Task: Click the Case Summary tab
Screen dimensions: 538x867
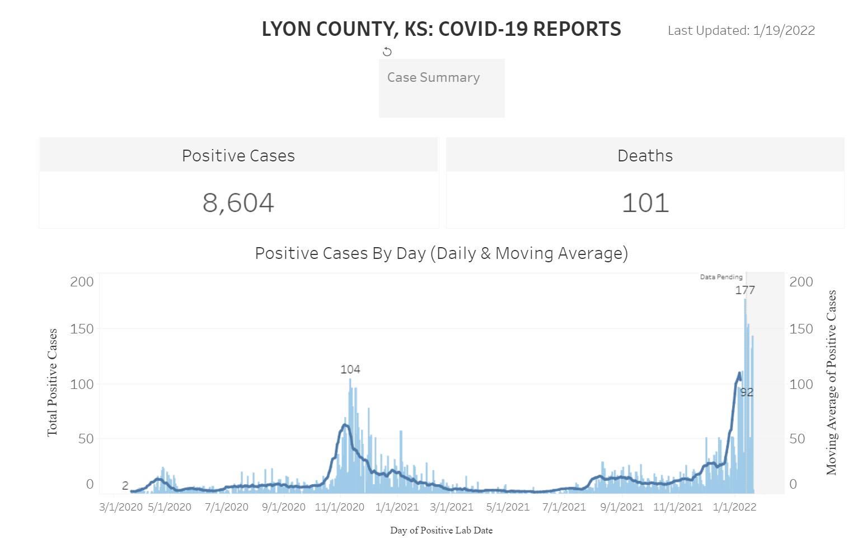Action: coord(434,78)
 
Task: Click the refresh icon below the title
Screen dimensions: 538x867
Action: coord(387,52)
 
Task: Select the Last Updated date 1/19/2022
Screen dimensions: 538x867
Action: coord(784,31)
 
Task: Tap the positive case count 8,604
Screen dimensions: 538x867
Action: coord(238,203)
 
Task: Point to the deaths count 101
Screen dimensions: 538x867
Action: coord(645,203)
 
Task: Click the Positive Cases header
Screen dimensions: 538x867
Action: coord(238,156)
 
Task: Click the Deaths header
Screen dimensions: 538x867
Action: coord(645,156)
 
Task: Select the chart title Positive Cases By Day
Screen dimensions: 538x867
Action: coord(441,253)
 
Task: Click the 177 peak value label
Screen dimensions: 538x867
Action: coord(745,290)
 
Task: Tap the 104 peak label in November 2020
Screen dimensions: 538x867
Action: coord(350,369)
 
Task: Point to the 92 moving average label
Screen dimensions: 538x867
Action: coord(747,392)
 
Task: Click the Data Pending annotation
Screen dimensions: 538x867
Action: coord(721,277)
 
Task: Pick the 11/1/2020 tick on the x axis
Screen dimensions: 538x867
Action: coord(340,507)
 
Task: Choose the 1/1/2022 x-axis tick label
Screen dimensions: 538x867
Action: coord(734,507)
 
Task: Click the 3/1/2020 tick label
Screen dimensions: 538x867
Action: coord(121,507)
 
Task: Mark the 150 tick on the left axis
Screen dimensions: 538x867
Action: coord(82,329)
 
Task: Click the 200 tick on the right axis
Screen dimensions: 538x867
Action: coord(801,282)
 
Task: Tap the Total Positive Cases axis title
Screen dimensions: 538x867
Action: coord(52,382)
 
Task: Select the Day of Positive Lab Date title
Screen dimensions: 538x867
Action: coord(441,530)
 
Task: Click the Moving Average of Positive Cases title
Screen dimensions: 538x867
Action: coord(832,382)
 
